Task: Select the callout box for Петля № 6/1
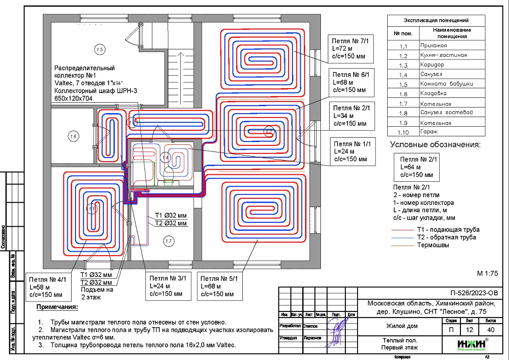pyautogui.click(x=351, y=82)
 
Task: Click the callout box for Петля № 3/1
pyautogui.click(x=168, y=286)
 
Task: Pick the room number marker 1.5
pyautogui.click(x=100, y=50)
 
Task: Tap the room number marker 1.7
pyautogui.click(x=168, y=240)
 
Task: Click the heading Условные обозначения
pyautogui.click(x=435, y=145)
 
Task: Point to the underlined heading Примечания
pyautogui.click(x=57, y=307)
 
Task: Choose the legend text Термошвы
pyautogui.click(x=433, y=245)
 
